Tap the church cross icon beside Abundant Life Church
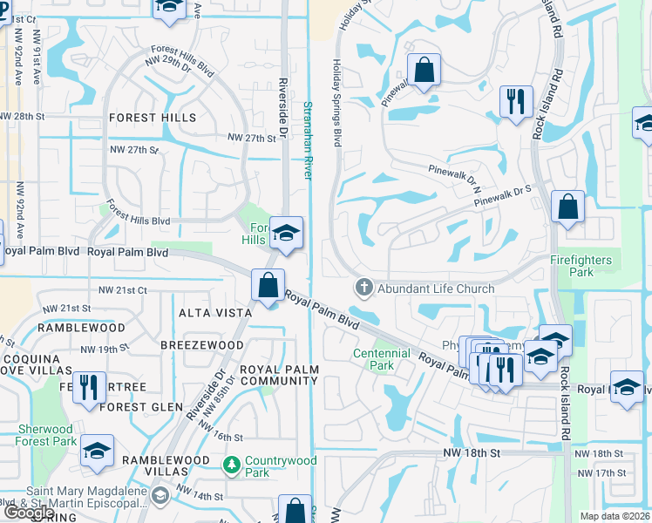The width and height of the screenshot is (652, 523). click(x=363, y=288)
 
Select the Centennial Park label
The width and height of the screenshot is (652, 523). click(x=381, y=359)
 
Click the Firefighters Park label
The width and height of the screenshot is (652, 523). click(x=581, y=267)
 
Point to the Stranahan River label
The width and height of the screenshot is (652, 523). click(x=307, y=139)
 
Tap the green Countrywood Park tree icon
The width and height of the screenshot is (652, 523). click(x=231, y=465)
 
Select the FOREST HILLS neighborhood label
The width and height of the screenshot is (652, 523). click(x=153, y=118)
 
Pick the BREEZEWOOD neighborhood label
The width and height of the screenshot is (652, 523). click(x=202, y=345)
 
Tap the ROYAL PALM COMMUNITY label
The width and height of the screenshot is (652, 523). click(x=279, y=376)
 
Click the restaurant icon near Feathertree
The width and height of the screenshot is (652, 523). click(x=89, y=387)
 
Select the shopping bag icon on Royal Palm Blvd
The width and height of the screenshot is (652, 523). click(x=268, y=285)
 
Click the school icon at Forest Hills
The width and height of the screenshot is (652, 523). click(x=285, y=233)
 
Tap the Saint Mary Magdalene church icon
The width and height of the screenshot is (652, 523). click(x=160, y=496)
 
